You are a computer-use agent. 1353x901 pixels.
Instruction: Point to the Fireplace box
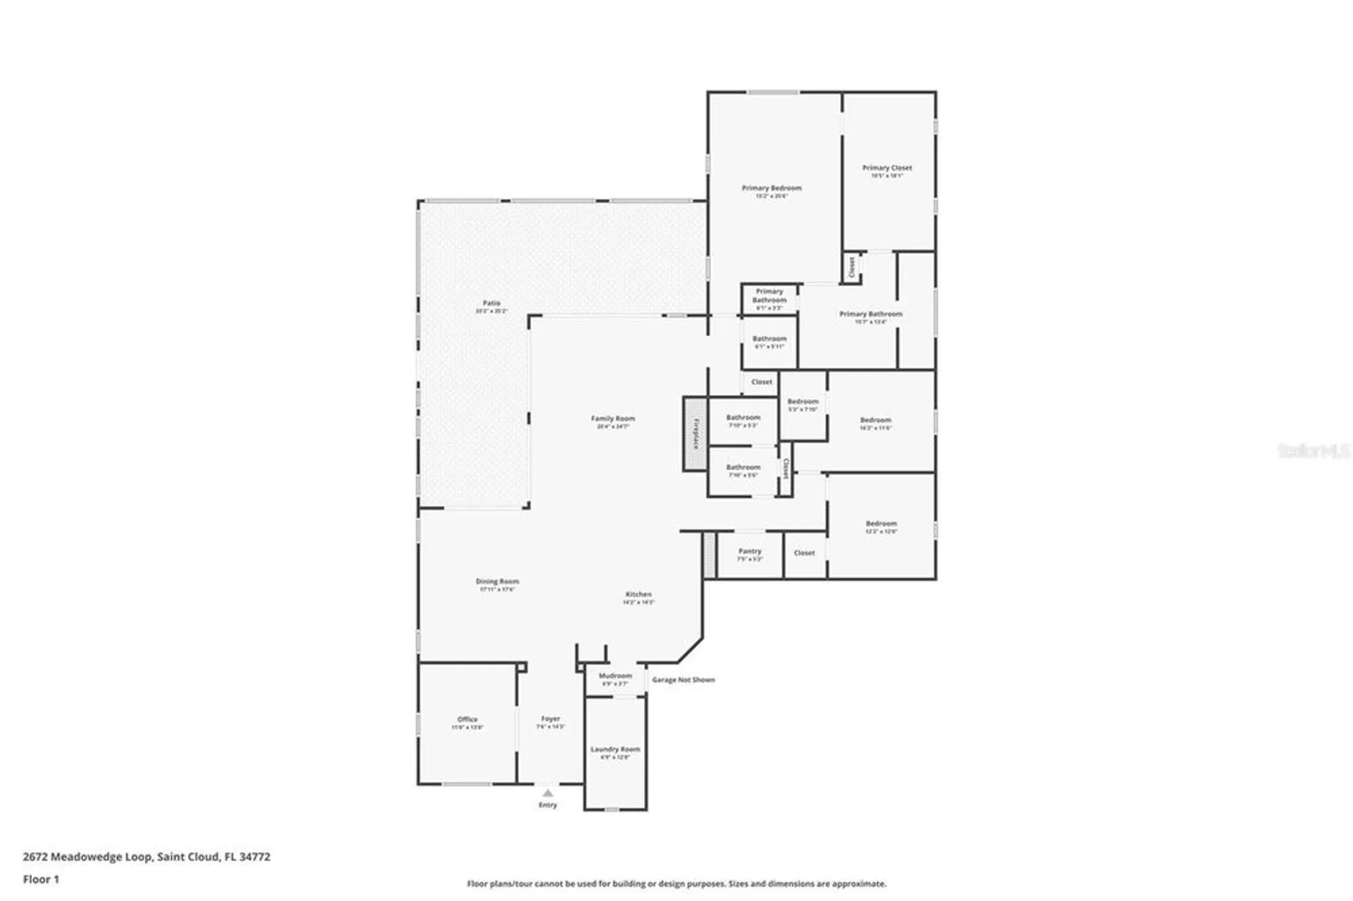[695, 434]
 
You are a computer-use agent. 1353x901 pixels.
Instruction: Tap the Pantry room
[750, 555]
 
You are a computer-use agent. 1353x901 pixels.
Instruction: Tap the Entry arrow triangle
[548, 793]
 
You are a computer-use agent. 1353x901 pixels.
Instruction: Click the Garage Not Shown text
[683, 680]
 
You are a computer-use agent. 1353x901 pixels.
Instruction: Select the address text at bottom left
[147, 856]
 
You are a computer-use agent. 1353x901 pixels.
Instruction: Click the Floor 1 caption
[41, 879]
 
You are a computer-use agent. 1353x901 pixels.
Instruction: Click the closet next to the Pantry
[804, 553]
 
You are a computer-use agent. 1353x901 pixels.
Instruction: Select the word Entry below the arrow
[548, 805]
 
